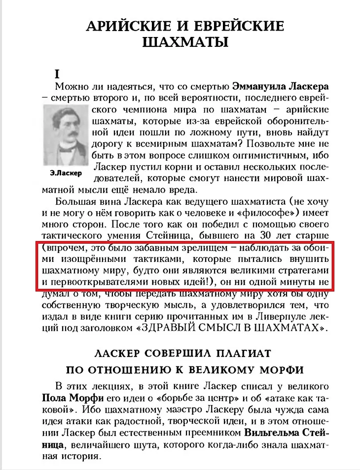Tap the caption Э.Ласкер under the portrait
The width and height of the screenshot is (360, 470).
(x=66, y=174)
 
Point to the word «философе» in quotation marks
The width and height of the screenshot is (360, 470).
(x=278, y=214)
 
